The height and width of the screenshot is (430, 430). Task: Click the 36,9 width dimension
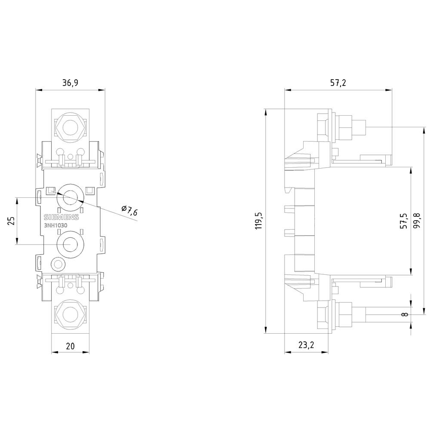70,83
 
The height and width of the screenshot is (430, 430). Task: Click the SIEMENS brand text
61,216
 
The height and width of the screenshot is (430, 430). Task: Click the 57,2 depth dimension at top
338,83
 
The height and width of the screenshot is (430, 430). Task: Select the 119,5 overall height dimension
259,221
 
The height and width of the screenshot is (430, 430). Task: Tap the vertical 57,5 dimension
404,220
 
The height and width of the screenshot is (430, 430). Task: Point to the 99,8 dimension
417,220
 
